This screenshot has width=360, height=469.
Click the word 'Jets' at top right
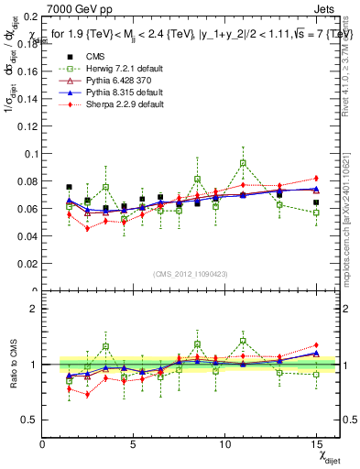coord(327,8)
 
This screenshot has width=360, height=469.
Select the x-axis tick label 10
coord(225,443)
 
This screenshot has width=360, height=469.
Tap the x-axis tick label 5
coord(134,443)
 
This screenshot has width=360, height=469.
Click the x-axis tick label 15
coord(316,443)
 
